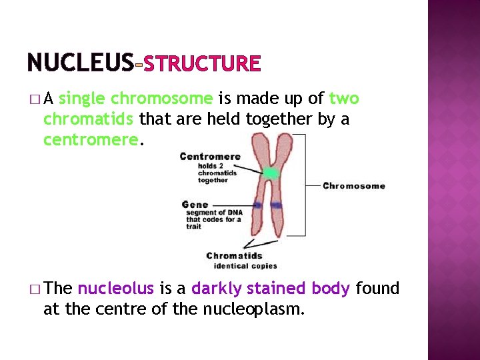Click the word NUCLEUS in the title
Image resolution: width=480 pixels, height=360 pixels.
point(80,63)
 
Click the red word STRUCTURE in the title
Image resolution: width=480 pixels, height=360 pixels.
point(201,64)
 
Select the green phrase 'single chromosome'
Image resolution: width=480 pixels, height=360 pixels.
point(135,99)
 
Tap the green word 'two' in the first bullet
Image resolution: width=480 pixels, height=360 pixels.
point(344,99)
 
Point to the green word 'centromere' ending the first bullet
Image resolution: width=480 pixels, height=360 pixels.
point(91,141)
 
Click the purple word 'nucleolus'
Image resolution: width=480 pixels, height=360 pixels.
point(116,289)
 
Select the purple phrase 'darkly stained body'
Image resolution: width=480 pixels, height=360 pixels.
point(271,289)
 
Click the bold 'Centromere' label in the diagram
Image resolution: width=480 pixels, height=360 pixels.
point(210,157)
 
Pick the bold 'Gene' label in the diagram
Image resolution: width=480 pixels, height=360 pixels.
point(195,204)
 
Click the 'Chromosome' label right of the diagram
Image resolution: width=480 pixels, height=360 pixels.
point(353,185)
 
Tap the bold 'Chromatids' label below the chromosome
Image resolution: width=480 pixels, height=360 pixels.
point(234,255)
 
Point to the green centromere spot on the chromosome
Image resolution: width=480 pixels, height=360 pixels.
point(270,173)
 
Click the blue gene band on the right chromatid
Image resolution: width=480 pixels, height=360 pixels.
point(277,205)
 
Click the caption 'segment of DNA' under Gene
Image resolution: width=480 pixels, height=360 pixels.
point(212,213)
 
